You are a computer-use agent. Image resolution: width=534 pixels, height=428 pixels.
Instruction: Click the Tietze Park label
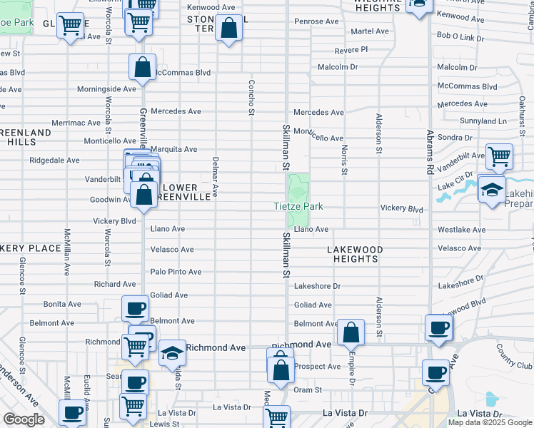click(298, 207)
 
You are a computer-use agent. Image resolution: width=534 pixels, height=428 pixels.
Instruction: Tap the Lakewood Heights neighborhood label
click(355, 254)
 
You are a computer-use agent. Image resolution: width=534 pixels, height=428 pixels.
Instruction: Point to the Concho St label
click(251, 97)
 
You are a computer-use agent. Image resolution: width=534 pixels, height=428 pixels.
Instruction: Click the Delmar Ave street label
click(215, 176)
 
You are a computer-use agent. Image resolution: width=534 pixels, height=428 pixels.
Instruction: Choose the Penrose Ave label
click(316, 21)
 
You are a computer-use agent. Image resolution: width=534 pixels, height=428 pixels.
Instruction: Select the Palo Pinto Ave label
click(176, 272)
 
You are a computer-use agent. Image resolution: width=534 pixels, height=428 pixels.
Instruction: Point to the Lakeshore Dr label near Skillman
click(318, 286)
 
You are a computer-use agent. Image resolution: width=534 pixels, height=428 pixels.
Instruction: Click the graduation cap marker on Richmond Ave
click(172, 353)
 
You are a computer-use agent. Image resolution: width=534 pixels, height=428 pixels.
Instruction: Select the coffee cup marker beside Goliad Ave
click(135, 309)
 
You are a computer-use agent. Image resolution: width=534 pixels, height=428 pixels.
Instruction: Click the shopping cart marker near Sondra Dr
click(499, 156)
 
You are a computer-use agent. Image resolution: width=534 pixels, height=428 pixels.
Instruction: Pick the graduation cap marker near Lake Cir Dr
click(492, 189)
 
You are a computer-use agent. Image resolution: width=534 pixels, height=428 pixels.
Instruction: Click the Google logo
click(24, 419)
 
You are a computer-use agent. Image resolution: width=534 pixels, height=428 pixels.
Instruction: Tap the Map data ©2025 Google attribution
click(489, 422)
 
